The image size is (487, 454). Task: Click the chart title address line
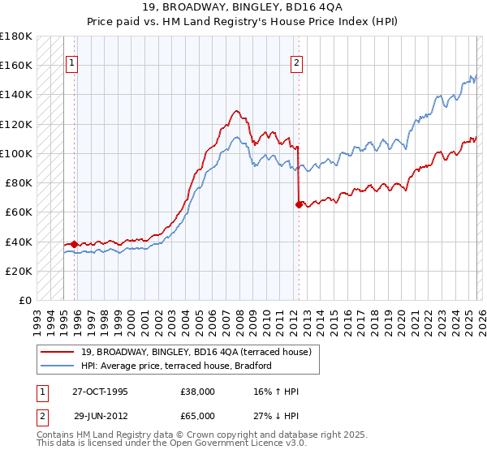243,11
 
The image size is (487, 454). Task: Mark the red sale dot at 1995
75,244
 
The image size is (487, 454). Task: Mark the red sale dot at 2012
299,205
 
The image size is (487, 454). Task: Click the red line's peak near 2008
236,111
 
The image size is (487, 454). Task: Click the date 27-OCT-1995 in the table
100,392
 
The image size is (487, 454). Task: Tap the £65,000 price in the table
198,414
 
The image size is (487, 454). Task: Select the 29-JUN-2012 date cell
100,414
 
